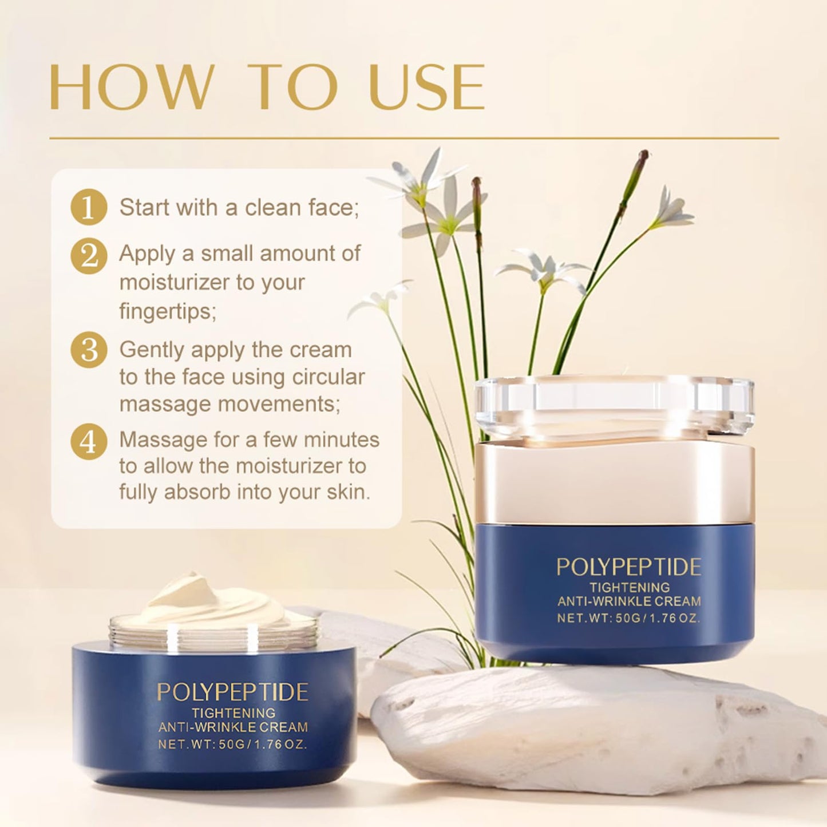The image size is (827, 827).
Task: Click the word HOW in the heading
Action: [x=132, y=87]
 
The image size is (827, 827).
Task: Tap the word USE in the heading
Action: [x=428, y=87]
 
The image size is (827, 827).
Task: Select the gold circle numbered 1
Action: [x=89, y=207]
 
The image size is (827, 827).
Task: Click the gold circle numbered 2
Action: [x=89, y=256]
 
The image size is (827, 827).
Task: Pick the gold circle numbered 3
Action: [x=89, y=350]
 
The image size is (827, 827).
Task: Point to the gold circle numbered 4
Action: [x=89, y=442]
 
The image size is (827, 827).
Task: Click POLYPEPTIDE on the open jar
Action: [x=232, y=693]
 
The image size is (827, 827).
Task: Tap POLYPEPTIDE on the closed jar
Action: [x=629, y=567]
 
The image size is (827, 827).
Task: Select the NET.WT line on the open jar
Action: [x=232, y=744]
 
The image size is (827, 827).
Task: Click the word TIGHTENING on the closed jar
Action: [x=630, y=587]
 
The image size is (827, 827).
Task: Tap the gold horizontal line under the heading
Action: [x=414, y=139]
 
